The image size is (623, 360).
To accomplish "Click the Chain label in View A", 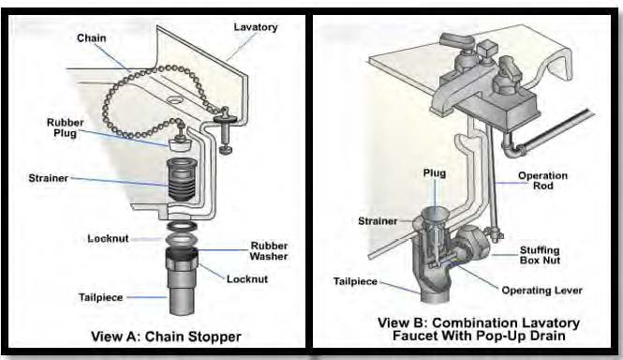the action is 92,38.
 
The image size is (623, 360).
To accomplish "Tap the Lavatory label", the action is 256,27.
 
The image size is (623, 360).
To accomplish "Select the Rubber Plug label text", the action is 66,127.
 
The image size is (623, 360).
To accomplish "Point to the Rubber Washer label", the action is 269,251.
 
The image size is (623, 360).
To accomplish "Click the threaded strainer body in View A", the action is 183,180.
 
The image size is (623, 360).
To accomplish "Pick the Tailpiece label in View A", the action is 100,297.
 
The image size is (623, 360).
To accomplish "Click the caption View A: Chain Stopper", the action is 166,337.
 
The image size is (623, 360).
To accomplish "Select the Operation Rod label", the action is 542,181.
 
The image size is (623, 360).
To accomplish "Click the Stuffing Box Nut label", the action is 540,255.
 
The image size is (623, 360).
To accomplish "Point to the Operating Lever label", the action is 541,291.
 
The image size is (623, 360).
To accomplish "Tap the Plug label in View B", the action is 435,173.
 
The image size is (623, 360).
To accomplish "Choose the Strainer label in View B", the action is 378,221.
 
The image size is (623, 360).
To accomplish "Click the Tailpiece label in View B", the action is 355,281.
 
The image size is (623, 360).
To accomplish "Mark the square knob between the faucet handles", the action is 487,50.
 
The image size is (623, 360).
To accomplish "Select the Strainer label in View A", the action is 49,178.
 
